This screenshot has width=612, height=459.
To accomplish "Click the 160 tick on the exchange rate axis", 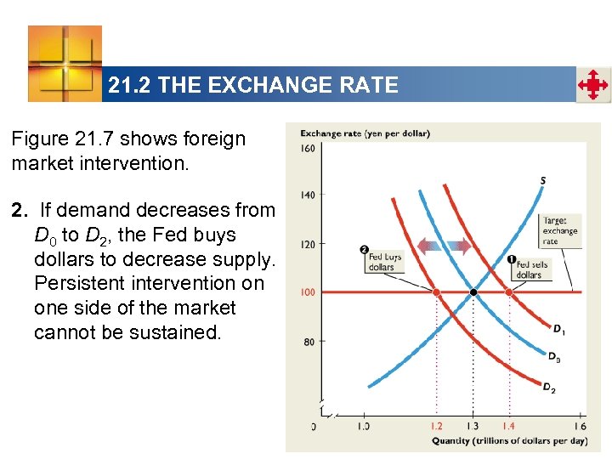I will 308,149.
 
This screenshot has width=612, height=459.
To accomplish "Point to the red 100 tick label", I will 307,292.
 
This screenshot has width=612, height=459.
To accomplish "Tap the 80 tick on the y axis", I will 309,342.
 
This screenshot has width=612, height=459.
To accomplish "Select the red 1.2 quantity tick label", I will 436,425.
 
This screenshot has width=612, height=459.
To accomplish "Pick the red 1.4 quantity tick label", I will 509,425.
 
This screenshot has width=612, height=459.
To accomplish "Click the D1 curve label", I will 558,329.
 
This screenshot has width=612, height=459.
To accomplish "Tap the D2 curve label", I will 551,388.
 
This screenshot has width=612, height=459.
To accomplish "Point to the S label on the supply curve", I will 542,179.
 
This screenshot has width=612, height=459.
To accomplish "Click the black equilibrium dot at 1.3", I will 473,292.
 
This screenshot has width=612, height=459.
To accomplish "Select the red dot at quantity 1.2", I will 437,292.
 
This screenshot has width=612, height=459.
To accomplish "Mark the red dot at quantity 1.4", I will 509,292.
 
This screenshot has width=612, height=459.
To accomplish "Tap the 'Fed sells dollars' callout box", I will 529,269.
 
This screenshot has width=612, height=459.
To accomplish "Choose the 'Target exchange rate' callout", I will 560,230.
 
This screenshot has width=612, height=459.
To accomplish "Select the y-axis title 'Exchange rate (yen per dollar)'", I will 365,133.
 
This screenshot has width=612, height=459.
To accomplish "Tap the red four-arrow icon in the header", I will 593,86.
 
